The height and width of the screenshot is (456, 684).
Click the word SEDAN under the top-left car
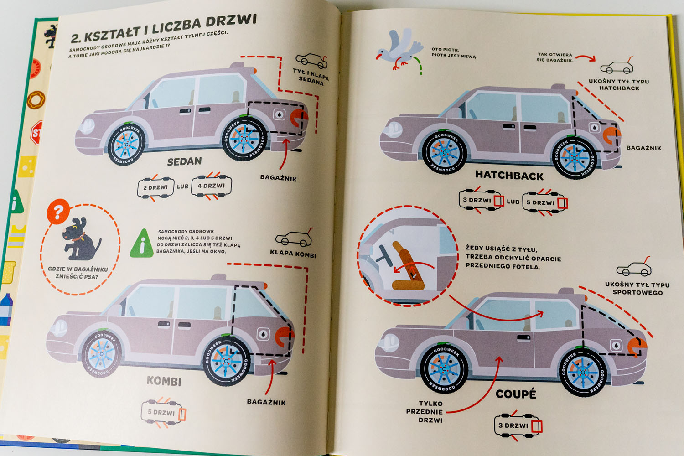[x=184, y=161]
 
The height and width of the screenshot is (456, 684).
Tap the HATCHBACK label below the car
[x=509, y=175]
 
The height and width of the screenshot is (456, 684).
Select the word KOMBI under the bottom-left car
[x=164, y=381]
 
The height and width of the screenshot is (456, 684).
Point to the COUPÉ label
[x=516, y=394]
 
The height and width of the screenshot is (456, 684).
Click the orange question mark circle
[x=58, y=211]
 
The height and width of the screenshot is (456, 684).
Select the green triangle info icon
[x=142, y=244]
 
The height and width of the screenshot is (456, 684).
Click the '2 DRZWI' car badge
[x=155, y=187]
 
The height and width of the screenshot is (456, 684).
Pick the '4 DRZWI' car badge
[x=211, y=186]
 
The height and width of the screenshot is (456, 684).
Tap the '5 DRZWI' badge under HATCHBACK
[x=544, y=202]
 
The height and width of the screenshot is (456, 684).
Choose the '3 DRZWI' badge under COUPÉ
[x=518, y=425]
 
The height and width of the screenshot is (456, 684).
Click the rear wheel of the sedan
[x=245, y=139]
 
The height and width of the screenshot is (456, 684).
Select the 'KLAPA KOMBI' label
[x=293, y=253]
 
